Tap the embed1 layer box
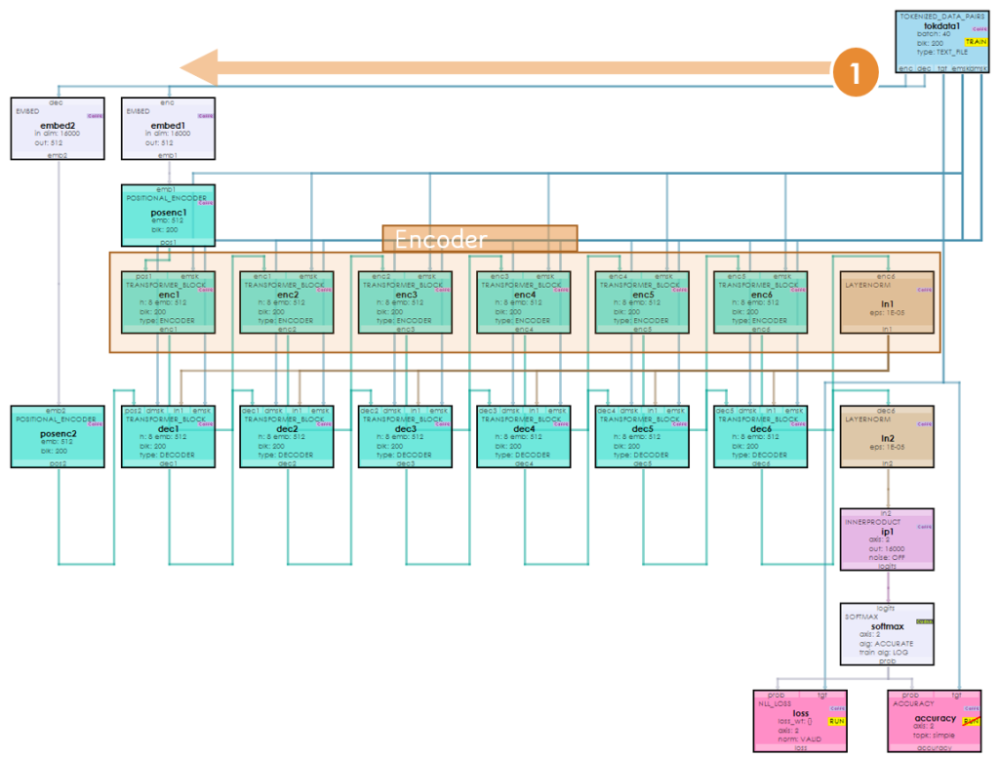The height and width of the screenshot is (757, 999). [168, 128]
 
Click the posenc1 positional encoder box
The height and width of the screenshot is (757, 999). [168, 216]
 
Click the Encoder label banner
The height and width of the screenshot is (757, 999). [479, 239]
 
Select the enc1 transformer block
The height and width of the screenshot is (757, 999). [168, 302]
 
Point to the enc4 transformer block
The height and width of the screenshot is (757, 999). [525, 302]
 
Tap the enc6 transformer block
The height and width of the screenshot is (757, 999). [762, 302]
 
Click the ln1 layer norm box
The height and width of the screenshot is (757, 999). [887, 302]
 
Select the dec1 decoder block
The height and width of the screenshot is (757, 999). [168, 436]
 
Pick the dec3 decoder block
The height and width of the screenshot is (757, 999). [406, 436]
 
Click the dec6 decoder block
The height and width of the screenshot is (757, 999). [762, 436]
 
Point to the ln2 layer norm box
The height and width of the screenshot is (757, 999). [887, 436]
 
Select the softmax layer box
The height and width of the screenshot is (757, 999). [887, 634]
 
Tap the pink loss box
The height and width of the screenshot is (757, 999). [800, 721]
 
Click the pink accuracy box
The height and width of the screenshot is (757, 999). [935, 721]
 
